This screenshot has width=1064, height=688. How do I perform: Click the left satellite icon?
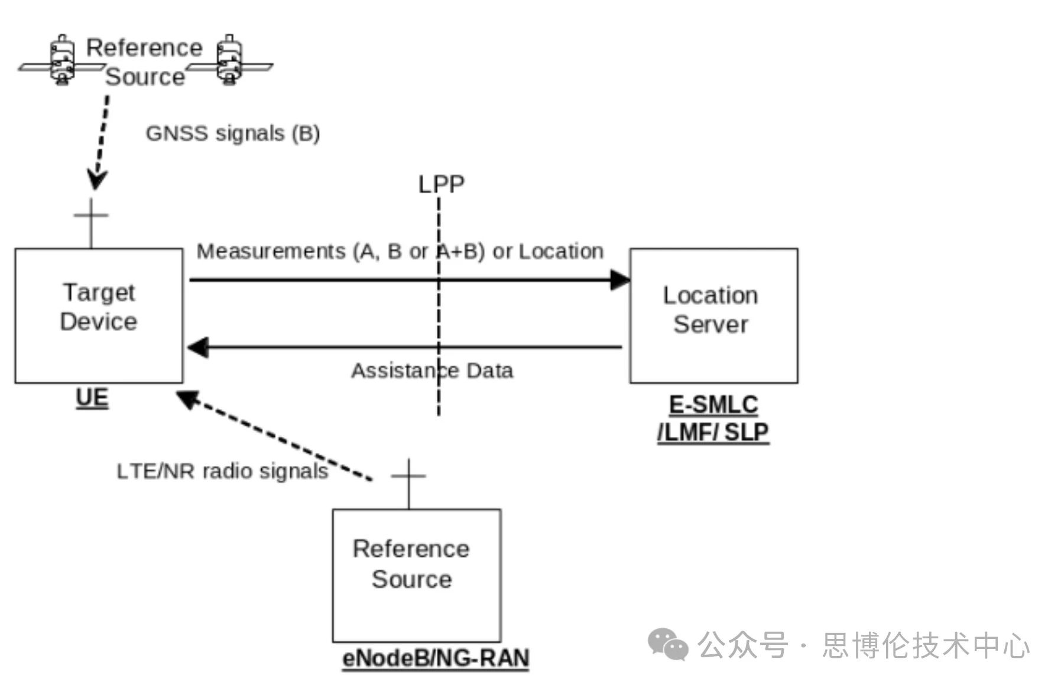pos(61,61)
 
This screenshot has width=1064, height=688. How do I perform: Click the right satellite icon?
pos(229,60)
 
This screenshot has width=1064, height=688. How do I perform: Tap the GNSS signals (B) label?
pos(233,134)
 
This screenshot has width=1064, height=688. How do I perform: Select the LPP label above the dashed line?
pos(441,184)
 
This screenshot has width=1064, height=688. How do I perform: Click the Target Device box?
pos(99,315)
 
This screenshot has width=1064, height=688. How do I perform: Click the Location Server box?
pos(713,315)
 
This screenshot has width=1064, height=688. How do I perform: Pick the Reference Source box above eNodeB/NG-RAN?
pos(416,575)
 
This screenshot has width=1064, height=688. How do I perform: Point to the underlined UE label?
pos(92,398)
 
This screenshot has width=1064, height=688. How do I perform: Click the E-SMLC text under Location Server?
pos(713,405)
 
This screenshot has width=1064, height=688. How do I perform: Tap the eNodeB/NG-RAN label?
pos(436,658)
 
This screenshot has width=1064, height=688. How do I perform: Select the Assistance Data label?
pos(432,371)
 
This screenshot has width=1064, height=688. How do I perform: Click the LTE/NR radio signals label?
pos(222,471)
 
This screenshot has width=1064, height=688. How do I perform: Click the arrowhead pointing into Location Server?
pos(620,280)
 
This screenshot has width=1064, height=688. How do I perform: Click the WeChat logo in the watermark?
pos(668,644)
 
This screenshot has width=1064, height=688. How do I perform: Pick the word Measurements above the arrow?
pos(271,251)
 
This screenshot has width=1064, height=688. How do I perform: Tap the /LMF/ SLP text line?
pos(713,433)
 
